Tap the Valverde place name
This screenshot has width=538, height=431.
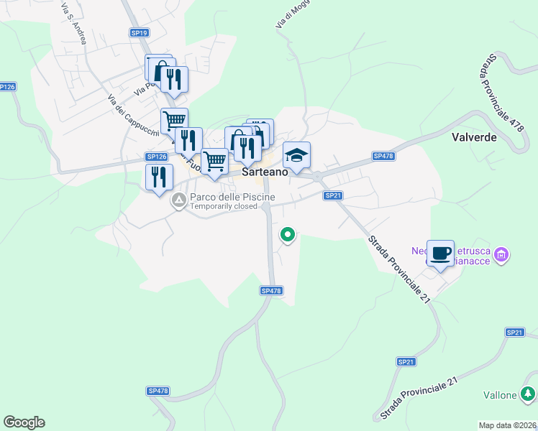[x=474, y=136]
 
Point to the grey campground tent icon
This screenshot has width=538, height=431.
[x=178, y=203]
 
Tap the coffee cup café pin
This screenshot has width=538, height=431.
[x=440, y=254]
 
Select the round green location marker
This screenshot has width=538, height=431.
[x=288, y=234]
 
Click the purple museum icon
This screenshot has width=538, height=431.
[x=503, y=254]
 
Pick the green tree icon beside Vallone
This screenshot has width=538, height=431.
[x=527, y=394]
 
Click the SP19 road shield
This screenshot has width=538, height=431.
[x=140, y=33]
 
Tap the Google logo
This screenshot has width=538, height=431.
[x=24, y=422]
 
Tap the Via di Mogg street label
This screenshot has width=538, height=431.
[x=287, y=16]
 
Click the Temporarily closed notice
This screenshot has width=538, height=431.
[x=224, y=207]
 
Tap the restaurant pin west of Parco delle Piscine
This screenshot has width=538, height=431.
[x=159, y=177]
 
